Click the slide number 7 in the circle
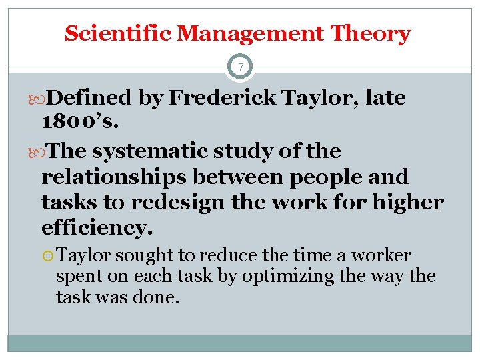tap(240, 67)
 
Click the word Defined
tap(90, 98)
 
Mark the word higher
tap(408, 202)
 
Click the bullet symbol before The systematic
tap(43, 152)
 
